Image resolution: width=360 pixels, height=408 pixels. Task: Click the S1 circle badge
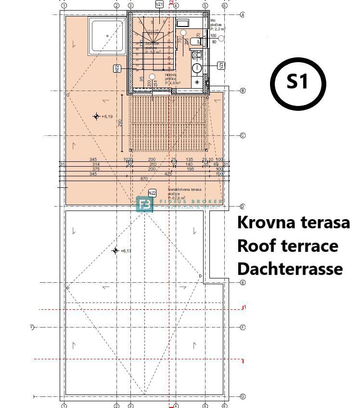(297, 82)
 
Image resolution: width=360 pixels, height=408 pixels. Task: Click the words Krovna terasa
(293, 223)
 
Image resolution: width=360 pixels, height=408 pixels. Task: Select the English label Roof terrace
(287, 246)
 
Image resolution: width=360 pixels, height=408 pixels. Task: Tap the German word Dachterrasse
(290, 269)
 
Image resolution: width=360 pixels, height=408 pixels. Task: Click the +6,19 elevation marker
(96, 117)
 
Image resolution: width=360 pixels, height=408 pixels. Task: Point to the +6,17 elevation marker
(115, 250)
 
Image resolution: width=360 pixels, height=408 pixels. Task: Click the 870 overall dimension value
(144, 179)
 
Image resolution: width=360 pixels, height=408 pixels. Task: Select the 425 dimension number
(168, 173)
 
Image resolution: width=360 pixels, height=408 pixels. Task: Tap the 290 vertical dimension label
(120, 123)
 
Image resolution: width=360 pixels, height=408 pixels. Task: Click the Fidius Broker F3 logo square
(144, 204)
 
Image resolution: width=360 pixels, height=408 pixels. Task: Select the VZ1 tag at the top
(160, 4)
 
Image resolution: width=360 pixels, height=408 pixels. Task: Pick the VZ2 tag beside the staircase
(116, 68)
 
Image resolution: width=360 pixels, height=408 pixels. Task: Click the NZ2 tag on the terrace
(152, 193)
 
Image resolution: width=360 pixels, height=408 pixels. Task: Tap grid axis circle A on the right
(243, 15)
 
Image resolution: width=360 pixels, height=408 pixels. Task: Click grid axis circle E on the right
(243, 283)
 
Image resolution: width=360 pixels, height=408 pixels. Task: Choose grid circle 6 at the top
(224, 6)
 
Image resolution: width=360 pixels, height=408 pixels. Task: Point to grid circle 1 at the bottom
(64, 406)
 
